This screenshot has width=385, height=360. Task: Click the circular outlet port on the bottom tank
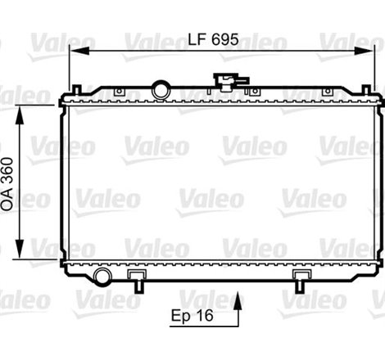(x=102, y=276)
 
